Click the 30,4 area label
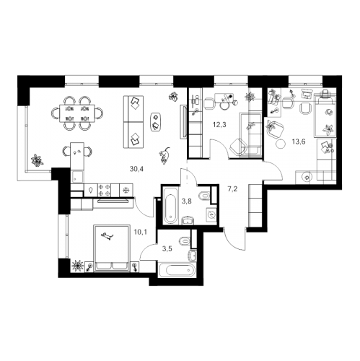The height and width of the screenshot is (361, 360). (x=136, y=169)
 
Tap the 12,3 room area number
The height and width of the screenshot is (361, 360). (x=219, y=125)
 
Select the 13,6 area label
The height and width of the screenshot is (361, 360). (x=299, y=142)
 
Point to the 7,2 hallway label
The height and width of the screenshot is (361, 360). (x=232, y=189)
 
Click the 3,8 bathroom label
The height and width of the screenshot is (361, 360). (x=186, y=201)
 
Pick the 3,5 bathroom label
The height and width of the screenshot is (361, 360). (x=167, y=249)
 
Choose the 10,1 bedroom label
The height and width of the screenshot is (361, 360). (x=141, y=232)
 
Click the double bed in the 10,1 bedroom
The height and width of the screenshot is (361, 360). (x=112, y=248)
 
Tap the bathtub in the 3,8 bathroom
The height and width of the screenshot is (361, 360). (x=170, y=205)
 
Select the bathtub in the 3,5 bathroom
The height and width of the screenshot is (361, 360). (x=177, y=271)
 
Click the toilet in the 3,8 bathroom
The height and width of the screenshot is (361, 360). (x=204, y=196)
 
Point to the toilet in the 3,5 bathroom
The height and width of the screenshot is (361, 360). (x=185, y=241)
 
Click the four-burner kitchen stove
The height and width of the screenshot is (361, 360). (x=104, y=190)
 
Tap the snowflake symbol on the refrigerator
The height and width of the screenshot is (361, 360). (x=125, y=191)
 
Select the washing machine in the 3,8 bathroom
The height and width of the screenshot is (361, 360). (x=211, y=214)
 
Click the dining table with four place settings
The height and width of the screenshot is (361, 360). (x=77, y=113)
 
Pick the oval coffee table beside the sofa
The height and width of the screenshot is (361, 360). (x=156, y=122)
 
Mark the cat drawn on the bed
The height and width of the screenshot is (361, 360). (x=107, y=236)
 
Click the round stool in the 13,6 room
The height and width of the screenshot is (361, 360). (x=281, y=144)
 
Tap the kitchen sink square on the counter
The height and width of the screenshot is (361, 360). (x=77, y=177)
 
